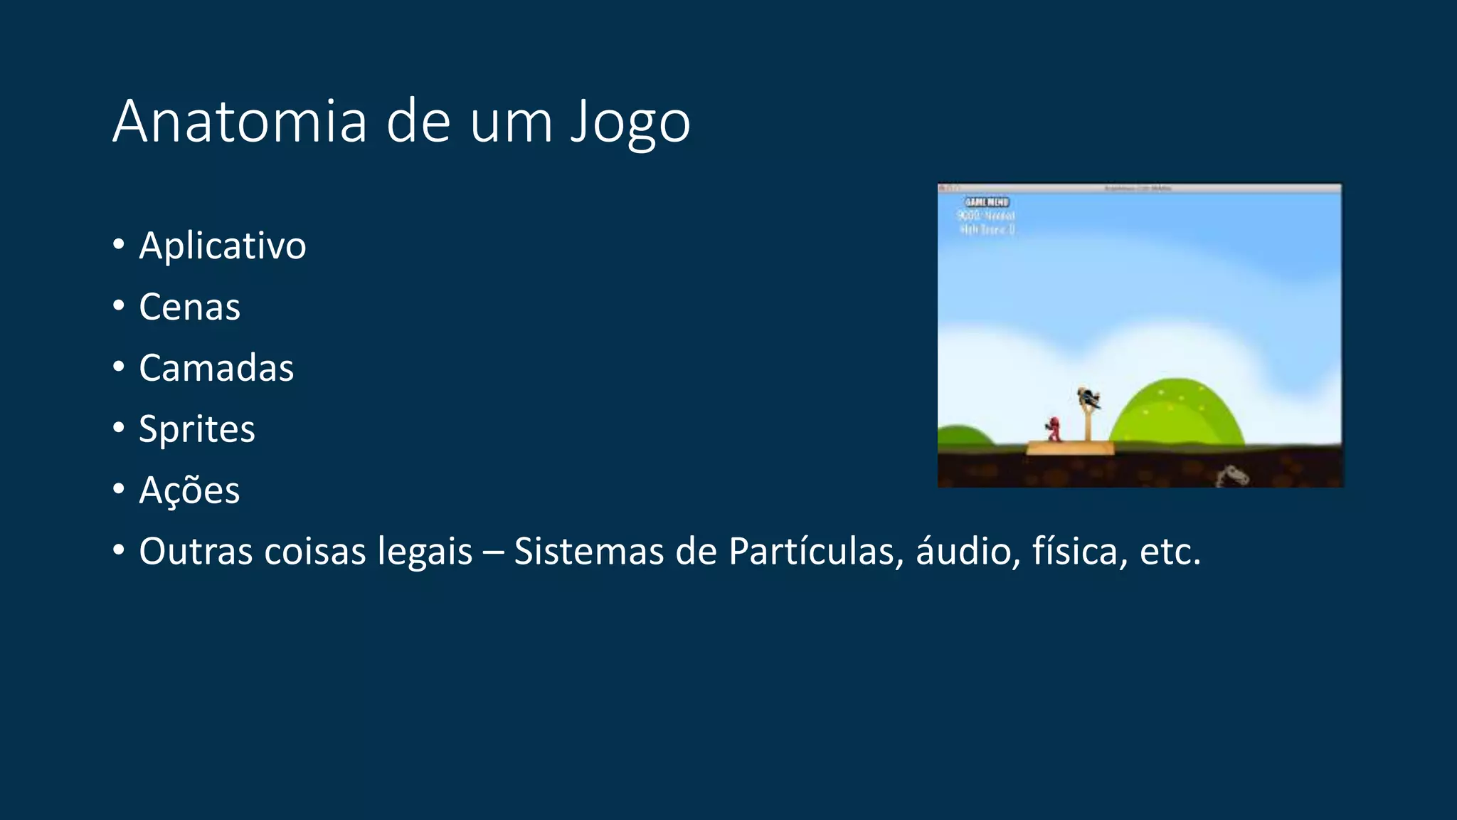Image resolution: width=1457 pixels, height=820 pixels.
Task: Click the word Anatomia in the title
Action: point(240,121)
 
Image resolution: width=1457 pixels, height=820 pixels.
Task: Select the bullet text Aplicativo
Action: point(222,246)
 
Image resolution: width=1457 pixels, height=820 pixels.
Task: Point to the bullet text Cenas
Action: point(189,307)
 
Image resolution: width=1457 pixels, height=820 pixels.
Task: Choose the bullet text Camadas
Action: point(216,368)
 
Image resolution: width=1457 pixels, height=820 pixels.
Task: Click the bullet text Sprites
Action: point(196,429)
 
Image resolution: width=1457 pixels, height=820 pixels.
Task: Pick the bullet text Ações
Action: point(189,490)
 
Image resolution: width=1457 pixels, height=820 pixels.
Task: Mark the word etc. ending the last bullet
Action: point(1170,552)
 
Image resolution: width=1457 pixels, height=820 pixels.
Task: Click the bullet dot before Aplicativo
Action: point(119,244)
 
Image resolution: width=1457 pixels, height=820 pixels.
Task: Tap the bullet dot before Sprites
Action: point(119,428)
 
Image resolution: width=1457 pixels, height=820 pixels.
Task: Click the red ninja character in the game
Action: point(1054,429)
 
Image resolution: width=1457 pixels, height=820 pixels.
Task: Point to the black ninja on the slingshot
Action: point(1088,399)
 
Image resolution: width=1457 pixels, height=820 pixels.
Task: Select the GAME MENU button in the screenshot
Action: point(987,202)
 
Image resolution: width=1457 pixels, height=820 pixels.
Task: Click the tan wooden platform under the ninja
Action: point(1070,448)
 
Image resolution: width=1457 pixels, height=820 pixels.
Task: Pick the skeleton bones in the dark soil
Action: point(1231,475)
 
